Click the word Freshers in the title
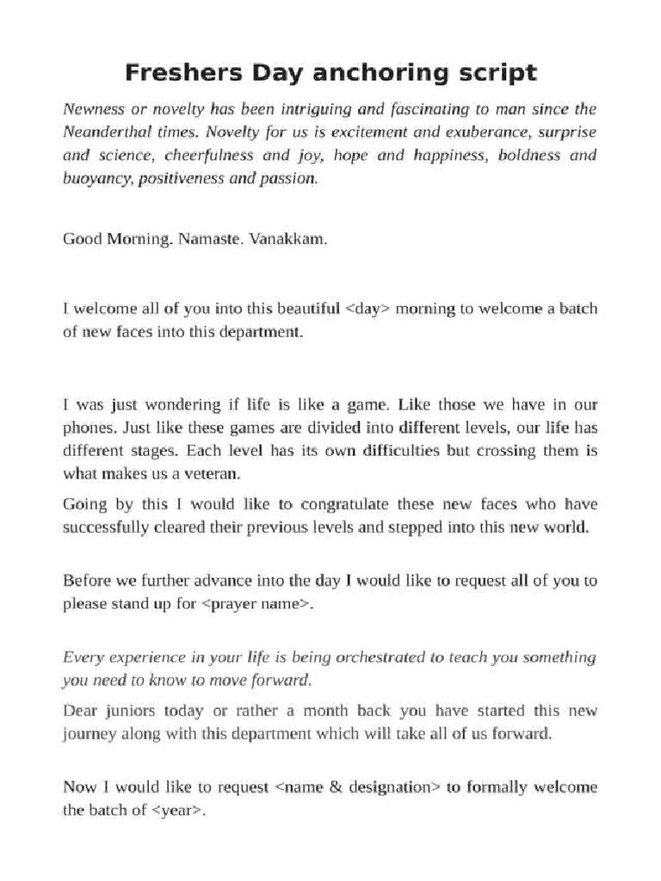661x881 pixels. click(x=171, y=73)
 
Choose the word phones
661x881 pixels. click(x=89, y=428)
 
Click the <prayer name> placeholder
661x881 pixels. click(x=256, y=604)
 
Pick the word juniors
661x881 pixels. click(x=126, y=711)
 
